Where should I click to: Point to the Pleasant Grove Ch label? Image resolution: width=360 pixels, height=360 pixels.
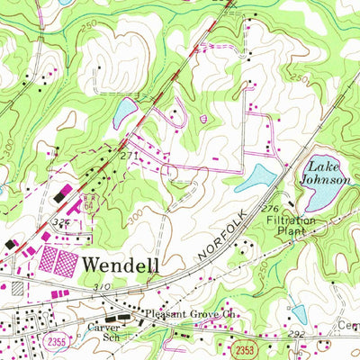pos(190,316)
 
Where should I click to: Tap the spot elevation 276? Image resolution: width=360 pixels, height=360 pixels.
pos(267,210)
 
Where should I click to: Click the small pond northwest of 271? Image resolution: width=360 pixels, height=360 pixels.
pos(124,112)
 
